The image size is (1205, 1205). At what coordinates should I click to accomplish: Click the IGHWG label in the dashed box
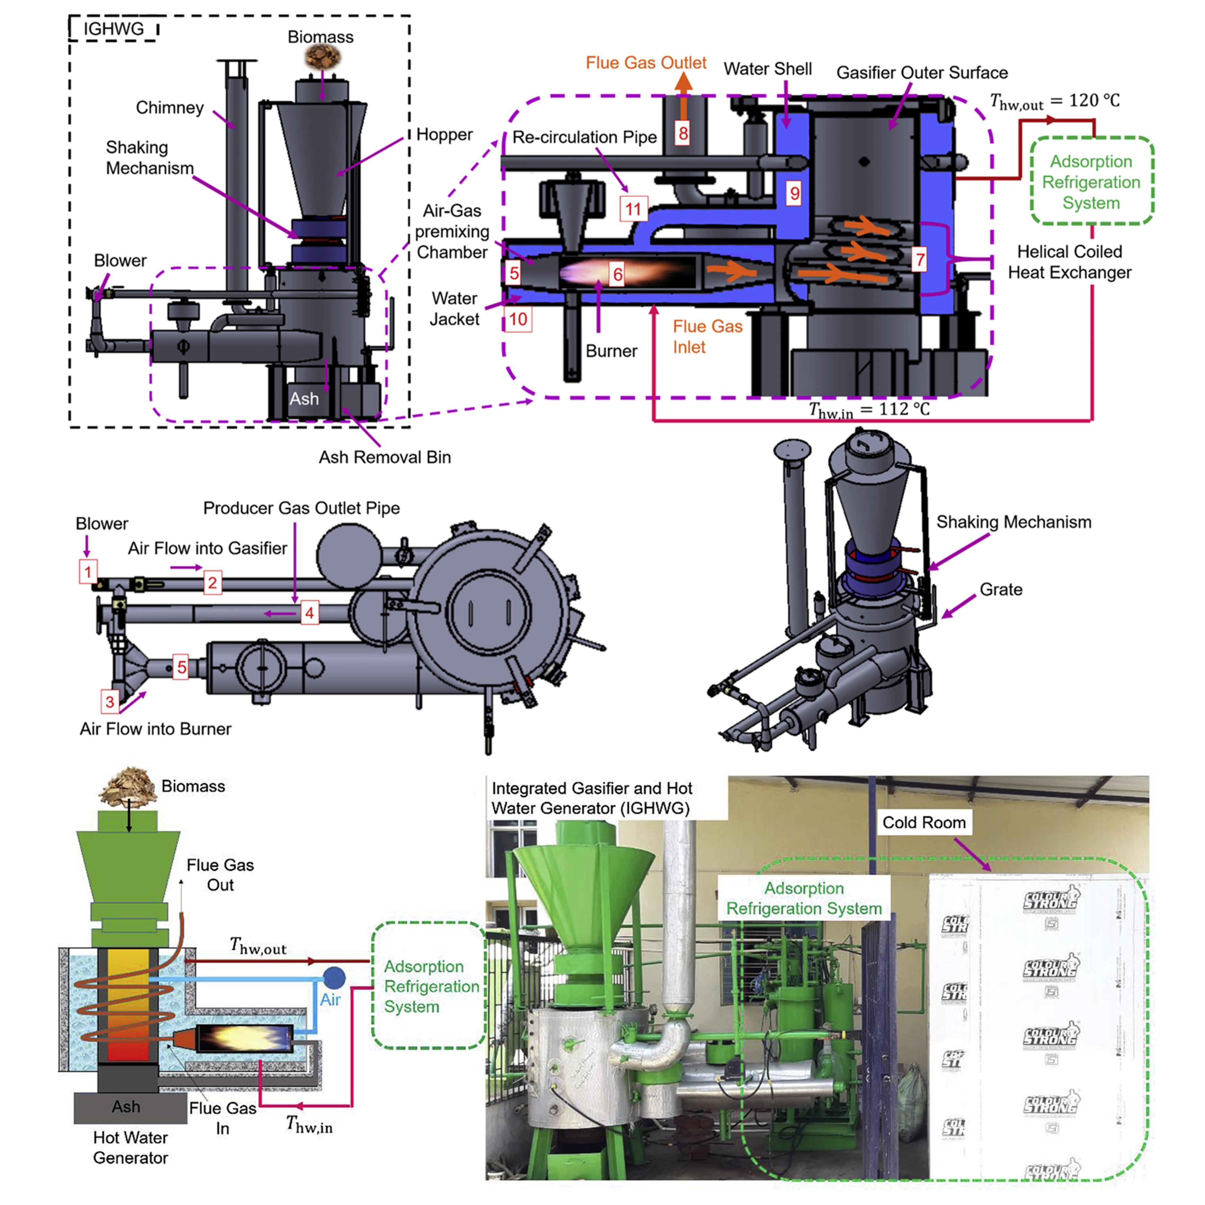[x=113, y=29]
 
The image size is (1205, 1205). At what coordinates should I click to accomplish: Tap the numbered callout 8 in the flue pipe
[x=683, y=133]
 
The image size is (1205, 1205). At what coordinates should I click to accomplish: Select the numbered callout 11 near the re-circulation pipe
[x=634, y=209]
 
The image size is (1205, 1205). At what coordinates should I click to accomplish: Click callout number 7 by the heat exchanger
[x=919, y=259]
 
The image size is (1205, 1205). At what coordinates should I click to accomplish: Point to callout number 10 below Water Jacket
[x=518, y=319]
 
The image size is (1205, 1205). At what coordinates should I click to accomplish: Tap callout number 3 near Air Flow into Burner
[x=110, y=702]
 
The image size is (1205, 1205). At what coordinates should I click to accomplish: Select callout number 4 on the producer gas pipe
[x=309, y=613]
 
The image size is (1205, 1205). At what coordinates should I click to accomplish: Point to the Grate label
[x=1000, y=589]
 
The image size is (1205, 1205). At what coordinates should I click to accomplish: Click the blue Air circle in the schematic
[x=334, y=977]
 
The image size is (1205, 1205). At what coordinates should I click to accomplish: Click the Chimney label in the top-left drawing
[x=170, y=108]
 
